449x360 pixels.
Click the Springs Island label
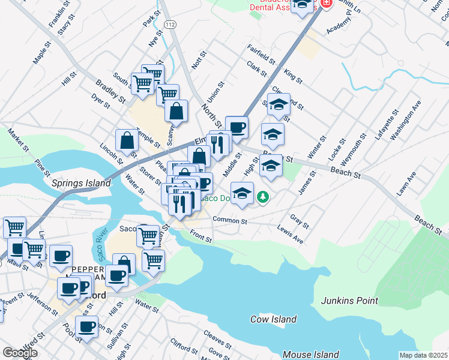tap(81, 183)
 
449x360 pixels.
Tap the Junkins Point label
tap(349, 300)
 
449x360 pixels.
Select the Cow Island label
tap(273, 319)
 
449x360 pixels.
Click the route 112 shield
tap(171, 23)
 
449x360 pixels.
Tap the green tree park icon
tap(262, 196)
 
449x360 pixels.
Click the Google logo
tap(19, 352)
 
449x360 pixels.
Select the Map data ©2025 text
tap(423, 355)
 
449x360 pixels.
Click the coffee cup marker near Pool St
tap(87, 328)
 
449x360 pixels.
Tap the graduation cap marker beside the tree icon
tap(242, 194)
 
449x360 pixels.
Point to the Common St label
tap(229, 220)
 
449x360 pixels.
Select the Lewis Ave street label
tap(290, 233)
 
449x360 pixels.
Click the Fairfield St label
tap(261, 53)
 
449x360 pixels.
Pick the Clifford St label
tap(183, 344)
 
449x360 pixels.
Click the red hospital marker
tap(325, 4)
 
